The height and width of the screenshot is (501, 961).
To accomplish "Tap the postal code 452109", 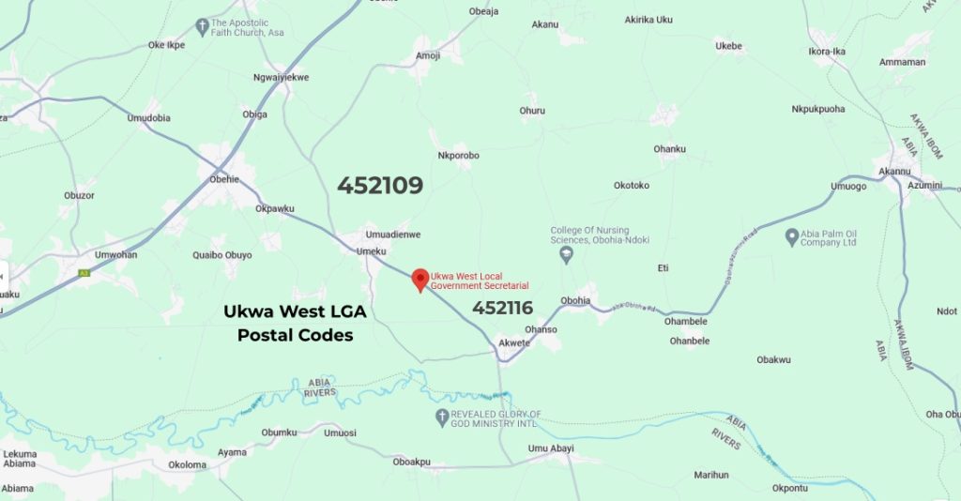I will pos(380,186).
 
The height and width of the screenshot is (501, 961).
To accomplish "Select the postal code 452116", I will pos(502,308).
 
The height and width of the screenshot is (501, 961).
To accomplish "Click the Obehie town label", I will pos(224,179).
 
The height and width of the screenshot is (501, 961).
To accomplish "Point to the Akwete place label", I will pos(514,342).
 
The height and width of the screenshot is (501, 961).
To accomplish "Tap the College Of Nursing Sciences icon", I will pos(565,254).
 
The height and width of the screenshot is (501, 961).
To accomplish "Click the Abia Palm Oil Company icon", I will pos(791,236).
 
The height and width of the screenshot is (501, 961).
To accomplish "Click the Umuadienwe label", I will pos(392,235).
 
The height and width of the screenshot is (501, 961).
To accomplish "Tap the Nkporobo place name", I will pos(459,156).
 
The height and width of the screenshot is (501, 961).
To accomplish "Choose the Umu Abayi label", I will pos(551,448).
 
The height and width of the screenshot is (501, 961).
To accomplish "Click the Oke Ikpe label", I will pos(166,44).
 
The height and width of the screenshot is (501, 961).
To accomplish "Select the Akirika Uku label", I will pos(649,19).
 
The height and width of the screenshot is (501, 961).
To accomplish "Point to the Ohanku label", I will pos(670,148).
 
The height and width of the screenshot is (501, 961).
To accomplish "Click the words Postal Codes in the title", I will pos(295,335).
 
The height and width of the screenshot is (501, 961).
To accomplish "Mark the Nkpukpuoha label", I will pos(818,109).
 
